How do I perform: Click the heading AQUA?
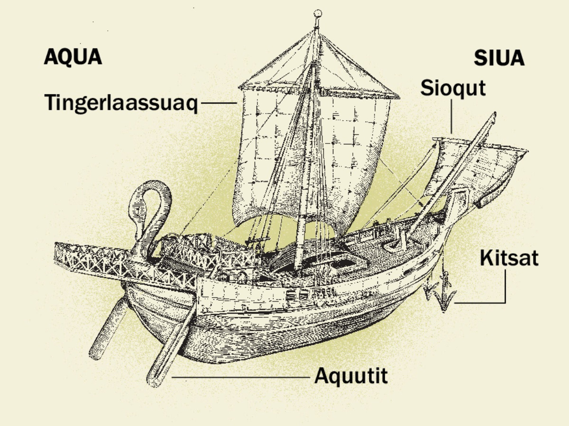pyautogui.click(x=73, y=57)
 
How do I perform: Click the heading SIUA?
pyautogui.click(x=499, y=58)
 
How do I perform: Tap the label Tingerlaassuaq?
pyautogui.click(x=121, y=104)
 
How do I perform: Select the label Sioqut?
pyautogui.click(x=453, y=88)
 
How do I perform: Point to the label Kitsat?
pyautogui.click(x=509, y=258)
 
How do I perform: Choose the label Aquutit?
pyautogui.click(x=351, y=376)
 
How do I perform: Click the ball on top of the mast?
pyautogui.click(x=318, y=14)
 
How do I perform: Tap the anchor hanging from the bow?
pyautogui.click(x=441, y=291)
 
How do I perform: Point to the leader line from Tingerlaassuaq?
pyautogui.click(x=219, y=103)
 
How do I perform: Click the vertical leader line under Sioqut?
pyautogui.click(x=451, y=116)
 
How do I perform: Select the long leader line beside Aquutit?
pyautogui.click(x=241, y=377)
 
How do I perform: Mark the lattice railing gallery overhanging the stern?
pyautogui.click(x=124, y=262)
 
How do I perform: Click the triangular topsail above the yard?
pyautogui.click(x=318, y=65)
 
